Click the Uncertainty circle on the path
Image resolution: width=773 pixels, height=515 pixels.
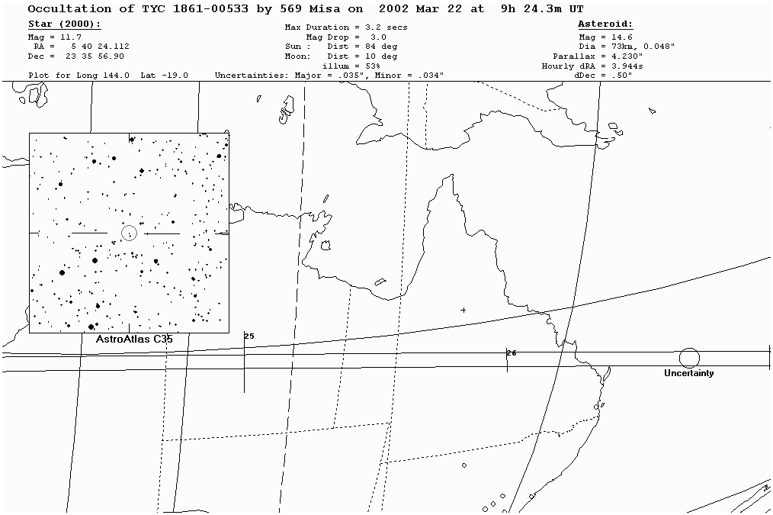click(x=689, y=358)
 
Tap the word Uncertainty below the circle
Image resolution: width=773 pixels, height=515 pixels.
click(x=688, y=373)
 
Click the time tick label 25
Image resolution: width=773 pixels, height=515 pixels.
click(x=249, y=336)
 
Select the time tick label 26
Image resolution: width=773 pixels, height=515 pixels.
click(x=512, y=353)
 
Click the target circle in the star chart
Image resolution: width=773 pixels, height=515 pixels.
click(x=129, y=232)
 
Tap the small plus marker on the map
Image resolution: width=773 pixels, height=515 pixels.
click(x=463, y=310)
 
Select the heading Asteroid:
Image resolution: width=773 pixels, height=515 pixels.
click(x=605, y=25)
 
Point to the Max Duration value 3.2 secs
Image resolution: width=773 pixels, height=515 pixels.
click(x=386, y=27)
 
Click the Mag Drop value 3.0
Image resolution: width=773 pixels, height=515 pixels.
click(x=377, y=37)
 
